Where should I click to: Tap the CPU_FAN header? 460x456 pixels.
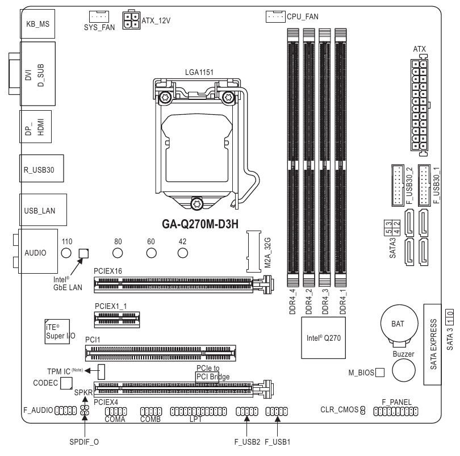point(275,16)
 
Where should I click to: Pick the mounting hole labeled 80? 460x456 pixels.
point(118,253)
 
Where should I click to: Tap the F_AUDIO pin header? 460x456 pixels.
point(65,411)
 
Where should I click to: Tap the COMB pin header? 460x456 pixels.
point(151,411)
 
